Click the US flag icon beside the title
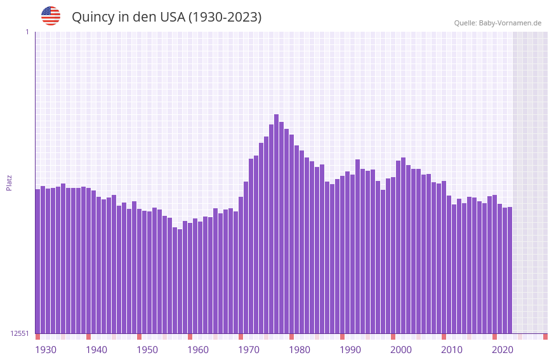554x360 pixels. (51, 16)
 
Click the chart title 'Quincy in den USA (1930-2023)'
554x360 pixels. (166, 17)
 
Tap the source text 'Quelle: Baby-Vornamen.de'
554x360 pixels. (498, 23)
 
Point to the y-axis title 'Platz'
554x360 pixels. (9, 182)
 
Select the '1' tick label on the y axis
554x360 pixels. (27, 32)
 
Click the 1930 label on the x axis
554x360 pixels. (46, 350)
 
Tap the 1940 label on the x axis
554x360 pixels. (96, 350)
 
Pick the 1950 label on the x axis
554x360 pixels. (147, 350)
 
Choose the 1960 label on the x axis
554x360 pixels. (198, 350)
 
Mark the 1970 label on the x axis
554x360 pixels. (249, 350)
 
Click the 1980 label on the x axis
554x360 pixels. (300, 350)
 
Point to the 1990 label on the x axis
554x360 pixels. (350, 350)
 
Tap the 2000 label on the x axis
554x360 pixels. (401, 350)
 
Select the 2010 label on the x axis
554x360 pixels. (452, 350)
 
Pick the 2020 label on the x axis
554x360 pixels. (503, 350)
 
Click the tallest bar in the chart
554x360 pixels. (276, 222)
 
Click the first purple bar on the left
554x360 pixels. (37, 260)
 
